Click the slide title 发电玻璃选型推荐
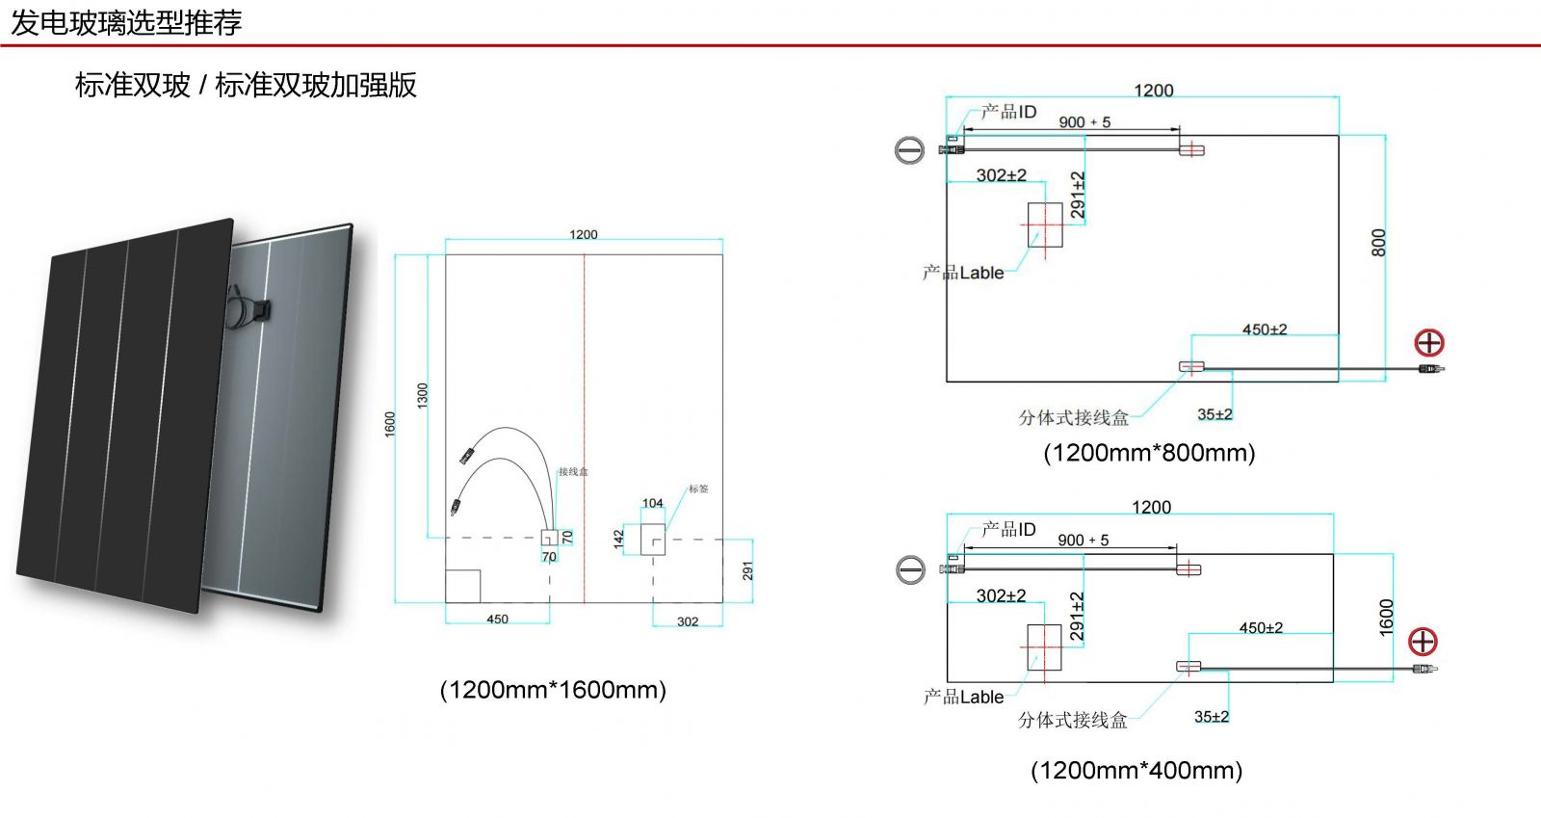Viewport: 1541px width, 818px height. pyautogui.click(x=126, y=22)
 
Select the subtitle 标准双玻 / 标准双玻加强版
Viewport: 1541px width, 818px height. pyautogui.click(x=246, y=85)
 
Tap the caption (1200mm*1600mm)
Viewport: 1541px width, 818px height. pyautogui.click(x=553, y=690)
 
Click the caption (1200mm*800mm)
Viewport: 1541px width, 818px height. pyautogui.click(x=1149, y=453)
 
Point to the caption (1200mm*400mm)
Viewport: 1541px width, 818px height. pyautogui.click(x=1136, y=771)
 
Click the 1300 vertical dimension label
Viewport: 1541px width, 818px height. pyautogui.click(x=422, y=395)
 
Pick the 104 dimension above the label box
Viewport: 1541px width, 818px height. pyautogui.click(x=653, y=503)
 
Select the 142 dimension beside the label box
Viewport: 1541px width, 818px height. pyautogui.click(x=618, y=540)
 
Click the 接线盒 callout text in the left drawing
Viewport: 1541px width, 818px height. pyautogui.click(x=573, y=472)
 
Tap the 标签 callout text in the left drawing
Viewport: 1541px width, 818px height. pyautogui.click(x=698, y=489)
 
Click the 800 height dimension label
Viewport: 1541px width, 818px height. pyautogui.click(x=1378, y=242)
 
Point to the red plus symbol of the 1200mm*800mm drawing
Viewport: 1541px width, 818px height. pyautogui.click(x=1429, y=342)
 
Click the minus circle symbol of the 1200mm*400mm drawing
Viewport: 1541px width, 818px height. pyautogui.click(x=910, y=569)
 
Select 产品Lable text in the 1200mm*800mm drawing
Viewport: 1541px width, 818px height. pyautogui.click(x=963, y=273)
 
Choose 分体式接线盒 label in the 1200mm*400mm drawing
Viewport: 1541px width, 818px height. pyautogui.click(x=1073, y=720)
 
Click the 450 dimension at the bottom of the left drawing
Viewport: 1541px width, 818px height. pyautogui.click(x=497, y=620)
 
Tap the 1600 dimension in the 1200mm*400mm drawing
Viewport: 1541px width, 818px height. pyautogui.click(x=1386, y=618)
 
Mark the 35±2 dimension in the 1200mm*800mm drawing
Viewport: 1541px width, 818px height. pyautogui.click(x=1215, y=414)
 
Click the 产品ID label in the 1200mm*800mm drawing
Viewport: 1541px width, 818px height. pyautogui.click(x=1009, y=112)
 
